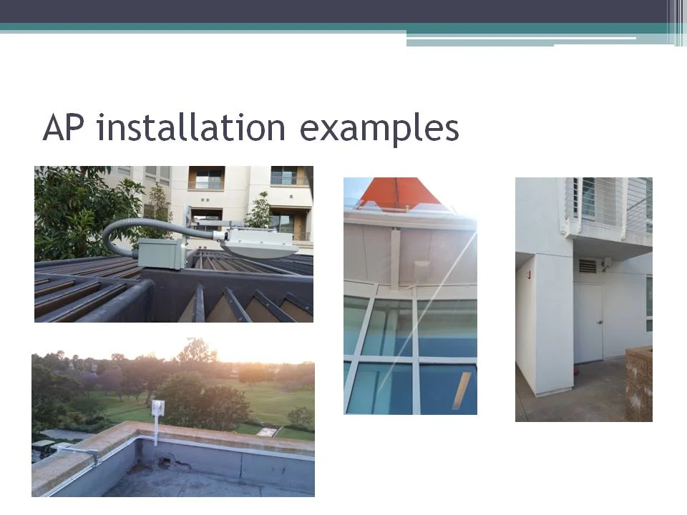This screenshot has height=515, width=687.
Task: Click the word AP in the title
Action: (64, 129)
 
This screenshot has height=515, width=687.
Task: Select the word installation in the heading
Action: (190, 129)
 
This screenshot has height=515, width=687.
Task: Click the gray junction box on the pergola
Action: (161, 253)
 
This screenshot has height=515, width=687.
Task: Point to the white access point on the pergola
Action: (260, 242)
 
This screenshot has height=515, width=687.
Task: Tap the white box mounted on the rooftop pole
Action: (157, 408)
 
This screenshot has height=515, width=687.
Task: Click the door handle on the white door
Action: (599, 323)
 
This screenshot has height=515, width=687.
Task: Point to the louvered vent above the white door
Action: (587, 266)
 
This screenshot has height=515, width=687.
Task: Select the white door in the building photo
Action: (588, 322)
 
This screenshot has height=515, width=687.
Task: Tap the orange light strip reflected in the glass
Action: (462, 390)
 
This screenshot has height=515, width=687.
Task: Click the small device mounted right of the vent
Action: (605, 265)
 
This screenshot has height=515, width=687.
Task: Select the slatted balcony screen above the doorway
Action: (608, 204)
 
